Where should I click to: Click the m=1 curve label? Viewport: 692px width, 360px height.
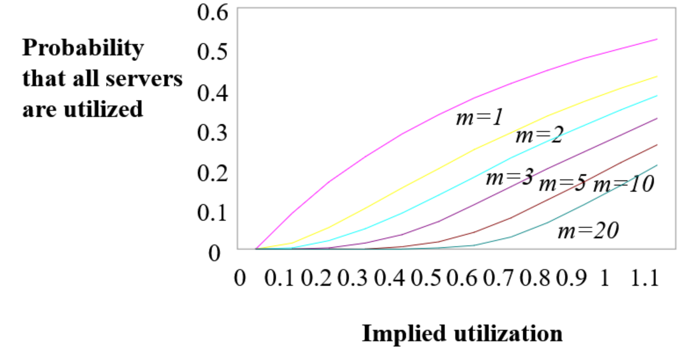(479, 118)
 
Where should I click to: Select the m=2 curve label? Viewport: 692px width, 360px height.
(538, 136)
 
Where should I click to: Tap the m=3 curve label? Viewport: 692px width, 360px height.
(509, 177)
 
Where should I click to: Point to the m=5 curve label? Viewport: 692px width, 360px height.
(562, 184)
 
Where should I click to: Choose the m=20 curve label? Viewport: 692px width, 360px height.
(588, 231)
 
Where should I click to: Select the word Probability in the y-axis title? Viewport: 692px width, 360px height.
(83, 48)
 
